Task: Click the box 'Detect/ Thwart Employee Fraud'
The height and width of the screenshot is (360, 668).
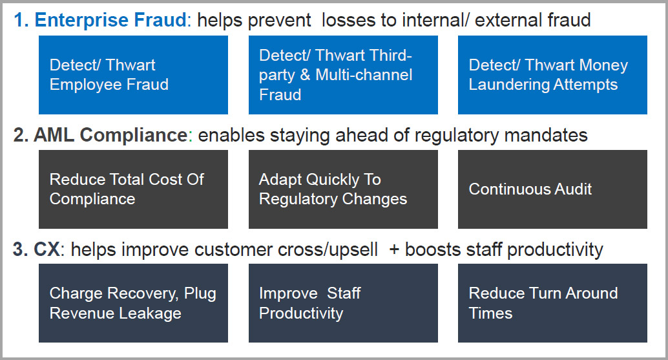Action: pos(133,75)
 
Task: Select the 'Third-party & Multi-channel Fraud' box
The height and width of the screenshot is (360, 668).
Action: pos(344,75)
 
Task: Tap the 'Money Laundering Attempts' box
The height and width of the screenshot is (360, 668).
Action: pos(552,75)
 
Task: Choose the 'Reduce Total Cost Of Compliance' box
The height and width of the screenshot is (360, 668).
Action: pos(133,189)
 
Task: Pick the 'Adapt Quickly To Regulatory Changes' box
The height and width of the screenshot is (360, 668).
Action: pos(344,189)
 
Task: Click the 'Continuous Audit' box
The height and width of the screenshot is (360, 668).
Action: pos(552,189)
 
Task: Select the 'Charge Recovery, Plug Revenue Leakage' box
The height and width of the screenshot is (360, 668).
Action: pos(133,303)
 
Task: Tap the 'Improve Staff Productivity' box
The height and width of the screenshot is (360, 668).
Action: pos(344,303)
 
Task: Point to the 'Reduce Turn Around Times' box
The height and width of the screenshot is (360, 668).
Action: pos(552,303)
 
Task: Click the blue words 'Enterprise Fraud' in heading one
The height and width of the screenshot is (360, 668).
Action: pos(110,21)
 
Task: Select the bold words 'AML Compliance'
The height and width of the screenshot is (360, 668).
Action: pos(110,136)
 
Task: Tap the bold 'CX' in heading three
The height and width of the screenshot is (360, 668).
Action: pos(47,249)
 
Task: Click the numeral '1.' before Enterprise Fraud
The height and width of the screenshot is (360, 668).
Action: pos(21,21)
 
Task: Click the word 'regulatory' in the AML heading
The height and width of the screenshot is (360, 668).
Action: pos(456,136)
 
